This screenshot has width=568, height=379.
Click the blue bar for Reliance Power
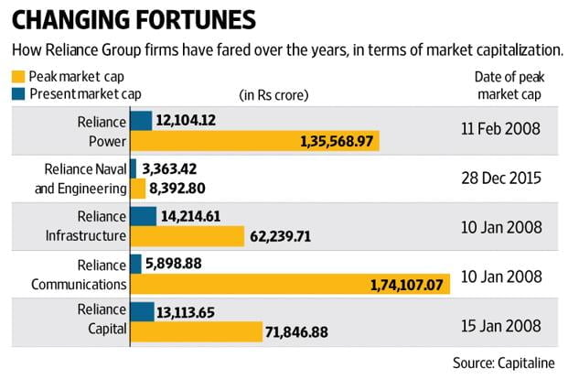point(141,121)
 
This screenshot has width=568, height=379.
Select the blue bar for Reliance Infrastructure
point(143,216)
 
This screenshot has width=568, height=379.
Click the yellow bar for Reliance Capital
point(191,332)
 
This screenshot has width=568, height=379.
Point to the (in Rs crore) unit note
point(273,94)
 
